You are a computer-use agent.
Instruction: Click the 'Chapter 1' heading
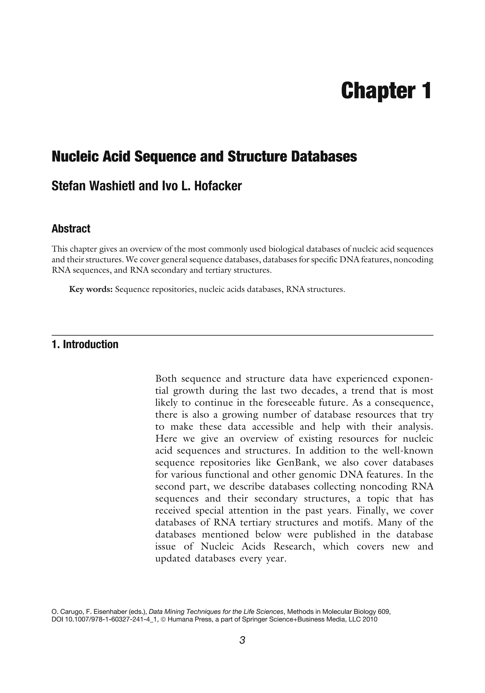click(x=386, y=90)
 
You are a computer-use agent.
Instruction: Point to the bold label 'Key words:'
click(x=91, y=289)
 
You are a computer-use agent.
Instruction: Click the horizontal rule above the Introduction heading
click(x=242, y=335)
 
